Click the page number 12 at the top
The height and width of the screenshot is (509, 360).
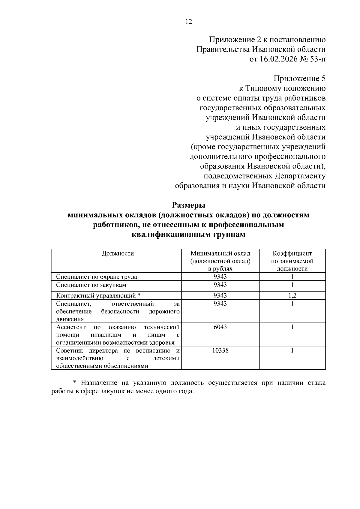point(189,22)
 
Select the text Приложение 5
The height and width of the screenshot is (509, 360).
point(299,79)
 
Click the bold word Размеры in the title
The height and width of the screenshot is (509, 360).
point(188,205)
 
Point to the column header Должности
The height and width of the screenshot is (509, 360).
point(118,253)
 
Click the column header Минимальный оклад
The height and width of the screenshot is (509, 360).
point(220,253)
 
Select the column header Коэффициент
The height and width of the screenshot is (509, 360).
point(292,253)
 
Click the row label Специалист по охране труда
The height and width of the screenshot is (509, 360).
point(97,277)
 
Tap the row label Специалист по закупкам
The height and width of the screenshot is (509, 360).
point(91,285)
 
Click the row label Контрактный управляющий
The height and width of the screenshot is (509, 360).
point(96,296)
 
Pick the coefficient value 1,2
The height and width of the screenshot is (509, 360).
point(292,296)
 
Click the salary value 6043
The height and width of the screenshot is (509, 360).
point(220,327)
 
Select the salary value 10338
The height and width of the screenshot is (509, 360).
point(220,351)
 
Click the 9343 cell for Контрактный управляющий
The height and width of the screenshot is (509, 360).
point(220,296)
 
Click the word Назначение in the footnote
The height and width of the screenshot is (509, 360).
point(99,383)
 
